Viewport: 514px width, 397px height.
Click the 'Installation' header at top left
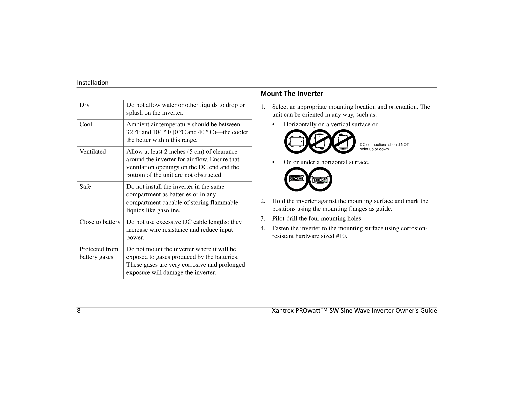93,83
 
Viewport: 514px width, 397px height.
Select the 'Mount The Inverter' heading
292,94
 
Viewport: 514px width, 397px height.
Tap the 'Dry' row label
84,105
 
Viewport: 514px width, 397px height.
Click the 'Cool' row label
86,124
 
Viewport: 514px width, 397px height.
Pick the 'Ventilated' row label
93,152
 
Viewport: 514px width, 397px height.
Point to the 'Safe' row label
85,187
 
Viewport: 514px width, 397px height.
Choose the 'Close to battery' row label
100,222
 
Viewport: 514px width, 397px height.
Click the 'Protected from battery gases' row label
99,253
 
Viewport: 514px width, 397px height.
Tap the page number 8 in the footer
79,311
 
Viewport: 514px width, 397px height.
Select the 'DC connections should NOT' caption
384,145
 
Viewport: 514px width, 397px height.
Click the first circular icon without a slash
296,142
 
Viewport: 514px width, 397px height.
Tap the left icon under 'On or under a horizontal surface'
296,179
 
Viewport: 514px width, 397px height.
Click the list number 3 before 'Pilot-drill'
263,219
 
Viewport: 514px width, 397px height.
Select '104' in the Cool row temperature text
157,132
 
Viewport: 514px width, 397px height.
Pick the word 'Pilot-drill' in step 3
285,219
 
